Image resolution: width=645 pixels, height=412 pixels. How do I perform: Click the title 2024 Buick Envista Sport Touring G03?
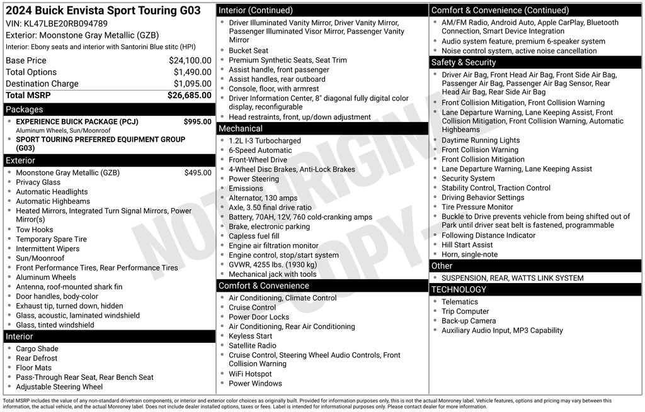[x=103, y=11]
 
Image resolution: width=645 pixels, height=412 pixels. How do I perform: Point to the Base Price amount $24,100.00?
[x=190, y=60]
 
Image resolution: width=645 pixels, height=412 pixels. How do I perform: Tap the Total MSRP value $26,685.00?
[x=189, y=95]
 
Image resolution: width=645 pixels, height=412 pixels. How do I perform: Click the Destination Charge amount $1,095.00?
[x=192, y=84]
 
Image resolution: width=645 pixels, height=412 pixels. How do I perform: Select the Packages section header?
[x=25, y=109]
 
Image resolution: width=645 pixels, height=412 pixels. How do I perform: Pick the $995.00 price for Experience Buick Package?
[x=197, y=121]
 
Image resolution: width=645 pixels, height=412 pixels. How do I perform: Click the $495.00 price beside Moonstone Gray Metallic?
[x=198, y=172]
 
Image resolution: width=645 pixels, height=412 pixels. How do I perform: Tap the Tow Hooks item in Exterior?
[x=35, y=230]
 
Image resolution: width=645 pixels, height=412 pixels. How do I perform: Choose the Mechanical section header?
[x=241, y=128]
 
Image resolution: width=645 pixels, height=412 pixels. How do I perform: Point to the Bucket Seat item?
[x=248, y=50]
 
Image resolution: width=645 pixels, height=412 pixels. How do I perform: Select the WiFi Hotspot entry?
[x=250, y=374]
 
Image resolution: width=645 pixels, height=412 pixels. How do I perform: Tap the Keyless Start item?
[x=250, y=336]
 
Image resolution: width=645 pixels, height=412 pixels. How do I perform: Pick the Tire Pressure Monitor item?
[x=477, y=207]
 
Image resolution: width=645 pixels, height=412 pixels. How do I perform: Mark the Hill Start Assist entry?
[x=467, y=245]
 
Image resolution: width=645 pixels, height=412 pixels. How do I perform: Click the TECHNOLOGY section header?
[x=458, y=289]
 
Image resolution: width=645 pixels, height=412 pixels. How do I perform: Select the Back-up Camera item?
[x=468, y=321]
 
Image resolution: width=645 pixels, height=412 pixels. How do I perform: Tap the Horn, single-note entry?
[x=469, y=254]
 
